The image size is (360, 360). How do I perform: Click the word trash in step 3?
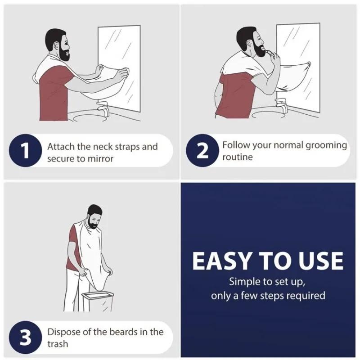point(58,344)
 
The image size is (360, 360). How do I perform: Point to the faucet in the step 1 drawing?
point(103,109)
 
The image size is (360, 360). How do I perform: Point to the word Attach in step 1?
point(60,147)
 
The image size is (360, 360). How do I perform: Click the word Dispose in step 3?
point(63,332)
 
